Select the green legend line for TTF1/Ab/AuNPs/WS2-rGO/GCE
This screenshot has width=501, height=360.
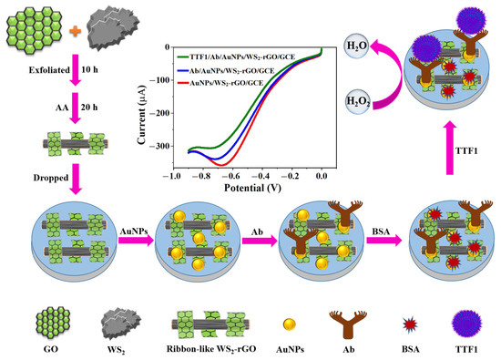[183, 55]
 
